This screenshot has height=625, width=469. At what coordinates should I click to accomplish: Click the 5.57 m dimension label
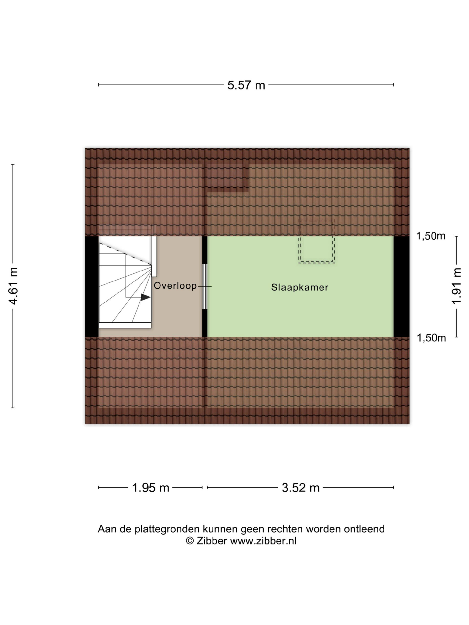pyautogui.click(x=246, y=85)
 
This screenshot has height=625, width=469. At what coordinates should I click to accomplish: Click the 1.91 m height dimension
pyautogui.click(x=457, y=286)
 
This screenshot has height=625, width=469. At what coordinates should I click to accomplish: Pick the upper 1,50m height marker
pyautogui.click(x=431, y=236)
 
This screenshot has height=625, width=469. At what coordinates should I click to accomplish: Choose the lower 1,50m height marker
pyautogui.click(x=431, y=338)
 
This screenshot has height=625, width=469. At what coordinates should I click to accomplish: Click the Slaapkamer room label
pyautogui.click(x=300, y=287)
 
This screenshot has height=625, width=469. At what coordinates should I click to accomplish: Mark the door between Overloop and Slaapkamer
pyautogui.click(x=205, y=287)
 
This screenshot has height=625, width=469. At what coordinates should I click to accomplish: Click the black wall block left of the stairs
pyautogui.click(x=92, y=287)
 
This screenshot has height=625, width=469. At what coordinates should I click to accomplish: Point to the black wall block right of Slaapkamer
pyautogui.click(x=401, y=287)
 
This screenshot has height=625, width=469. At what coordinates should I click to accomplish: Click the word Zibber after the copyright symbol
pyautogui.click(x=212, y=541)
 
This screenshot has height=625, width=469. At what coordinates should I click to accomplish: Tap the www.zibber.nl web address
pyautogui.click(x=263, y=541)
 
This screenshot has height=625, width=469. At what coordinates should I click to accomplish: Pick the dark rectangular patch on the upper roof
pyautogui.click(x=228, y=178)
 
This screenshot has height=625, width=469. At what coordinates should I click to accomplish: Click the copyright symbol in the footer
pyautogui.click(x=190, y=541)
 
